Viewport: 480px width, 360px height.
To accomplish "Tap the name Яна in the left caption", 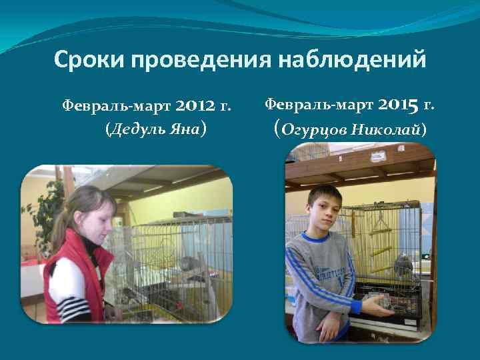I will (186, 129).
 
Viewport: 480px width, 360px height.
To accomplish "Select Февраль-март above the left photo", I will (117, 106).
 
